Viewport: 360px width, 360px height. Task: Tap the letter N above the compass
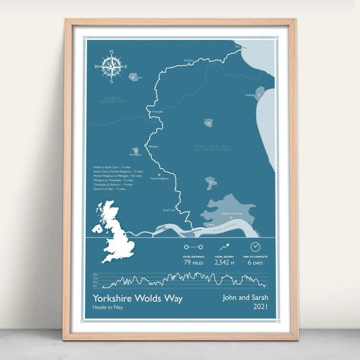(x=113, y=52)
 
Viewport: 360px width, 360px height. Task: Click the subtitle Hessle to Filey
(x=108, y=309)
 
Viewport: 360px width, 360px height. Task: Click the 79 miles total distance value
(x=193, y=262)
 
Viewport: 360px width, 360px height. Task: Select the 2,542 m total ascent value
(x=224, y=262)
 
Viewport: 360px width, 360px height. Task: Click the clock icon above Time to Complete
(x=256, y=247)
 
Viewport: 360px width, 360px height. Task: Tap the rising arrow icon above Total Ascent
(x=224, y=248)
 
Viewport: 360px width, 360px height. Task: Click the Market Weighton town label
(x=159, y=178)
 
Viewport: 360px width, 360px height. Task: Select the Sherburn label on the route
(x=188, y=59)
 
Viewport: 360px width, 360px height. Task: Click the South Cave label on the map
(x=168, y=209)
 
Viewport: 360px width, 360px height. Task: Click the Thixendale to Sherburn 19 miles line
(x=114, y=184)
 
